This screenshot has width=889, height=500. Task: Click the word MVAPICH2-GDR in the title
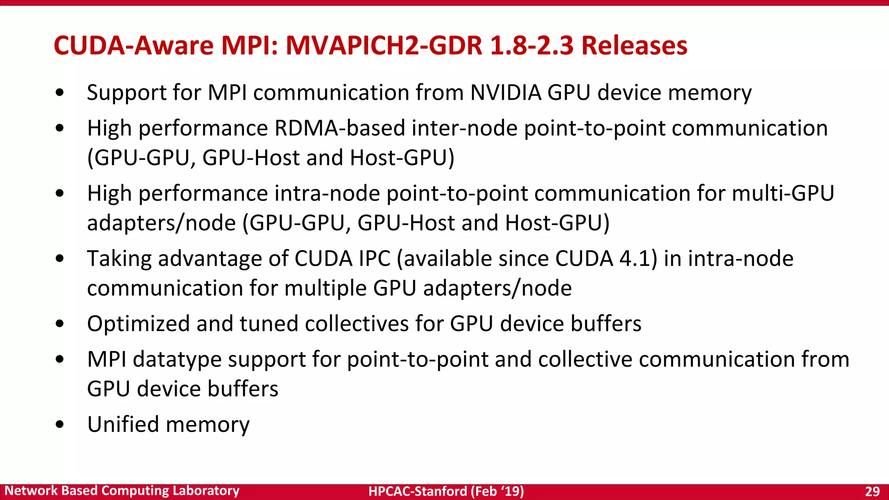pos(384,45)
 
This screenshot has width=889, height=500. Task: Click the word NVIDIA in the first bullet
pos(506,92)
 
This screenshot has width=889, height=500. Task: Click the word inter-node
pos(464,128)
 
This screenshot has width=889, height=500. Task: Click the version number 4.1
pos(638,259)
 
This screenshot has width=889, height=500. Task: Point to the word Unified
pos(123,424)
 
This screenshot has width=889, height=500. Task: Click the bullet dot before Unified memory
pos(60,424)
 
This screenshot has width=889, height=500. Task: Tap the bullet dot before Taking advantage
pos(60,259)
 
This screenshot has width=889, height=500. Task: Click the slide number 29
pos(872,491)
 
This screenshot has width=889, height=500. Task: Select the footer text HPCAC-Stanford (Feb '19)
pos(446,491)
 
